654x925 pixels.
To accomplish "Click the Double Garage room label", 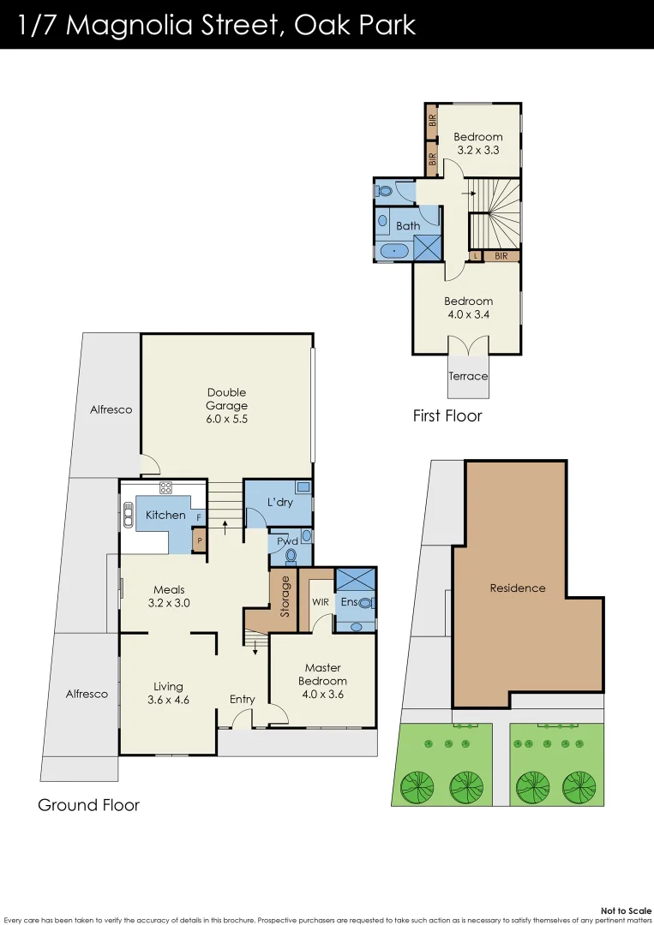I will tap(226, 406).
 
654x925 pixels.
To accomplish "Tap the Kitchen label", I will tap(165, 515).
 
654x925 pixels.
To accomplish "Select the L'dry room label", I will tap(280, 502).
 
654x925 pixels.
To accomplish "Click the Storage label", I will tap(285, 597).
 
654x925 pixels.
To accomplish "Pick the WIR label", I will tap(321, 602).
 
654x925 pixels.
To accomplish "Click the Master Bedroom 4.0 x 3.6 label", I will tap(322, 681).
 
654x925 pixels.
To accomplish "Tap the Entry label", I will tap(243, 699).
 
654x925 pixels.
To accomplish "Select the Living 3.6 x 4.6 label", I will tap(168, 693).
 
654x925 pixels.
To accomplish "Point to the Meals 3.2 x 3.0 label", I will tap(169, 596).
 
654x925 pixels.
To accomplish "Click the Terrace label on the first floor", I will tap(468, 376).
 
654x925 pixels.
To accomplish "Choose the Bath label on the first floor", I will tap(408, 226).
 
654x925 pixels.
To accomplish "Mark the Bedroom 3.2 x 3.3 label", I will tap(478, 143).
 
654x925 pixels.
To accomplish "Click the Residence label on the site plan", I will tap(518, 588).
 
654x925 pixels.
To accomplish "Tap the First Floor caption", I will tap(447, 416).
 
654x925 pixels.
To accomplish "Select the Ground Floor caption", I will tap(88, 805).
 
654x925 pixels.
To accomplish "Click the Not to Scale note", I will tap(626, 910).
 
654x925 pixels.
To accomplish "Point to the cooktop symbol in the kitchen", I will tap(166, 489).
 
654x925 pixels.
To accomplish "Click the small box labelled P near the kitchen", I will tap(199, 541).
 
